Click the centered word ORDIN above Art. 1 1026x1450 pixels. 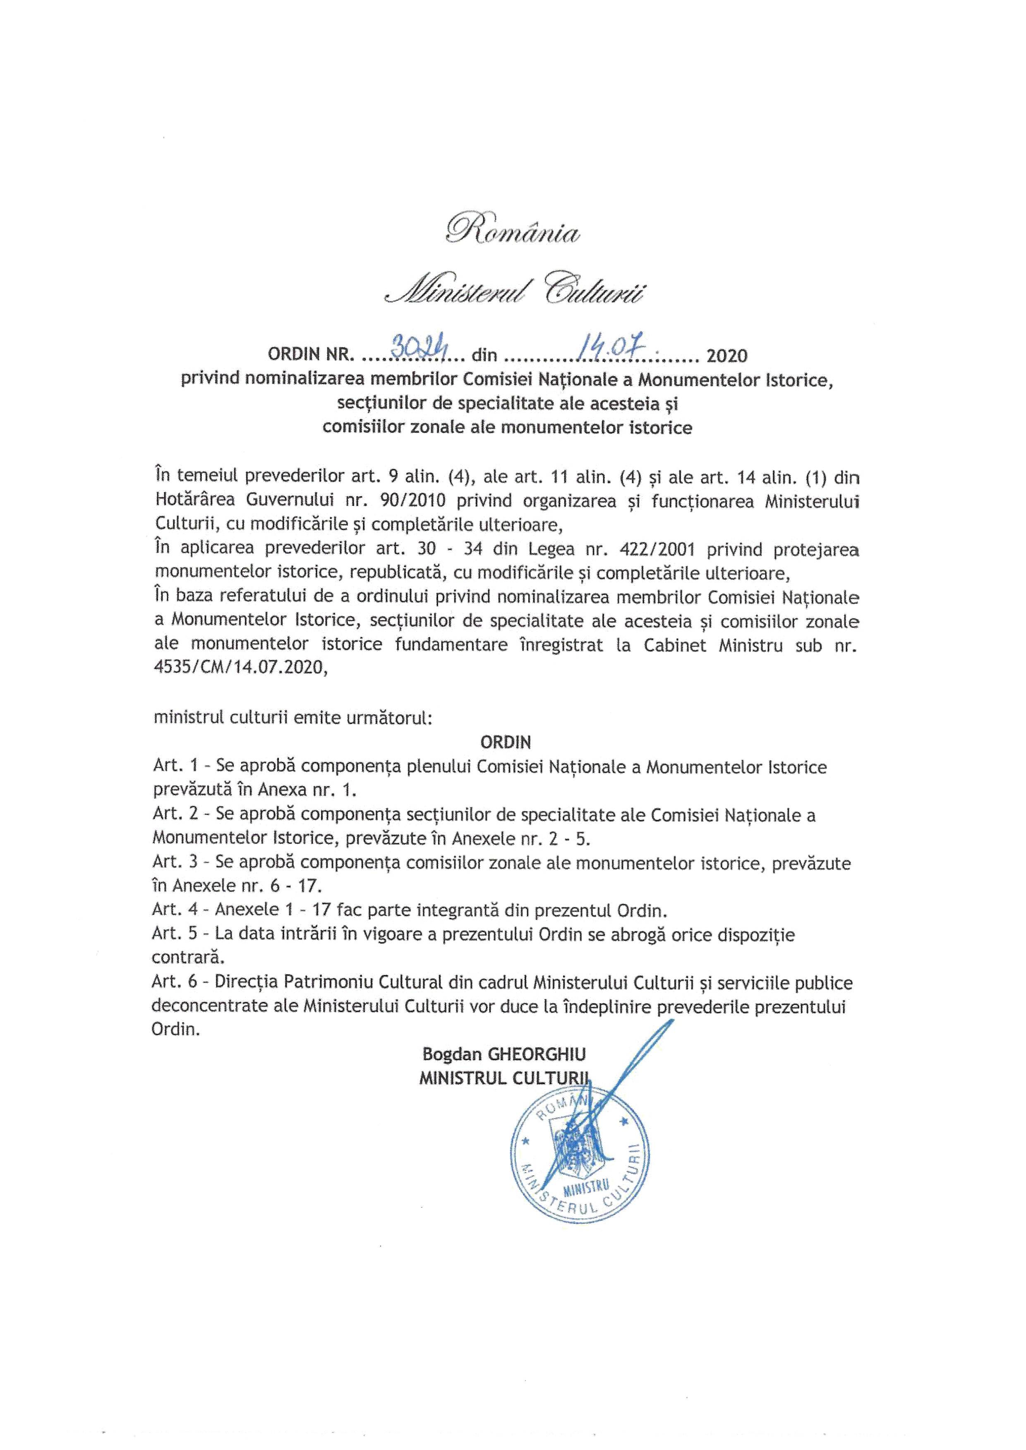coord(506,741)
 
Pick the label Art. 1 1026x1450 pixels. coord(174,767)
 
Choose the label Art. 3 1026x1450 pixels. coord(174,863)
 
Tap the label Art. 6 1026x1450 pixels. coord(174,983)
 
